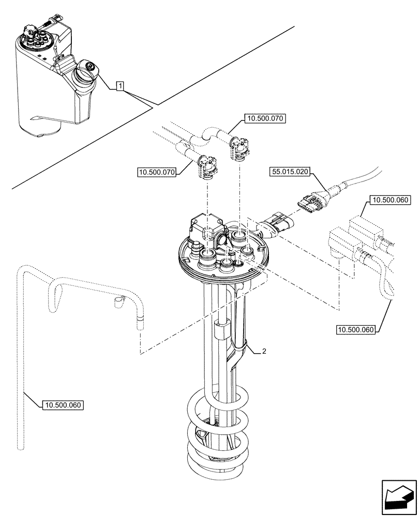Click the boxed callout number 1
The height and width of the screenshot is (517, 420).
tap(119, 86)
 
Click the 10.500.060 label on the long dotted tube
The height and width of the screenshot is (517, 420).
tap(63, 405)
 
